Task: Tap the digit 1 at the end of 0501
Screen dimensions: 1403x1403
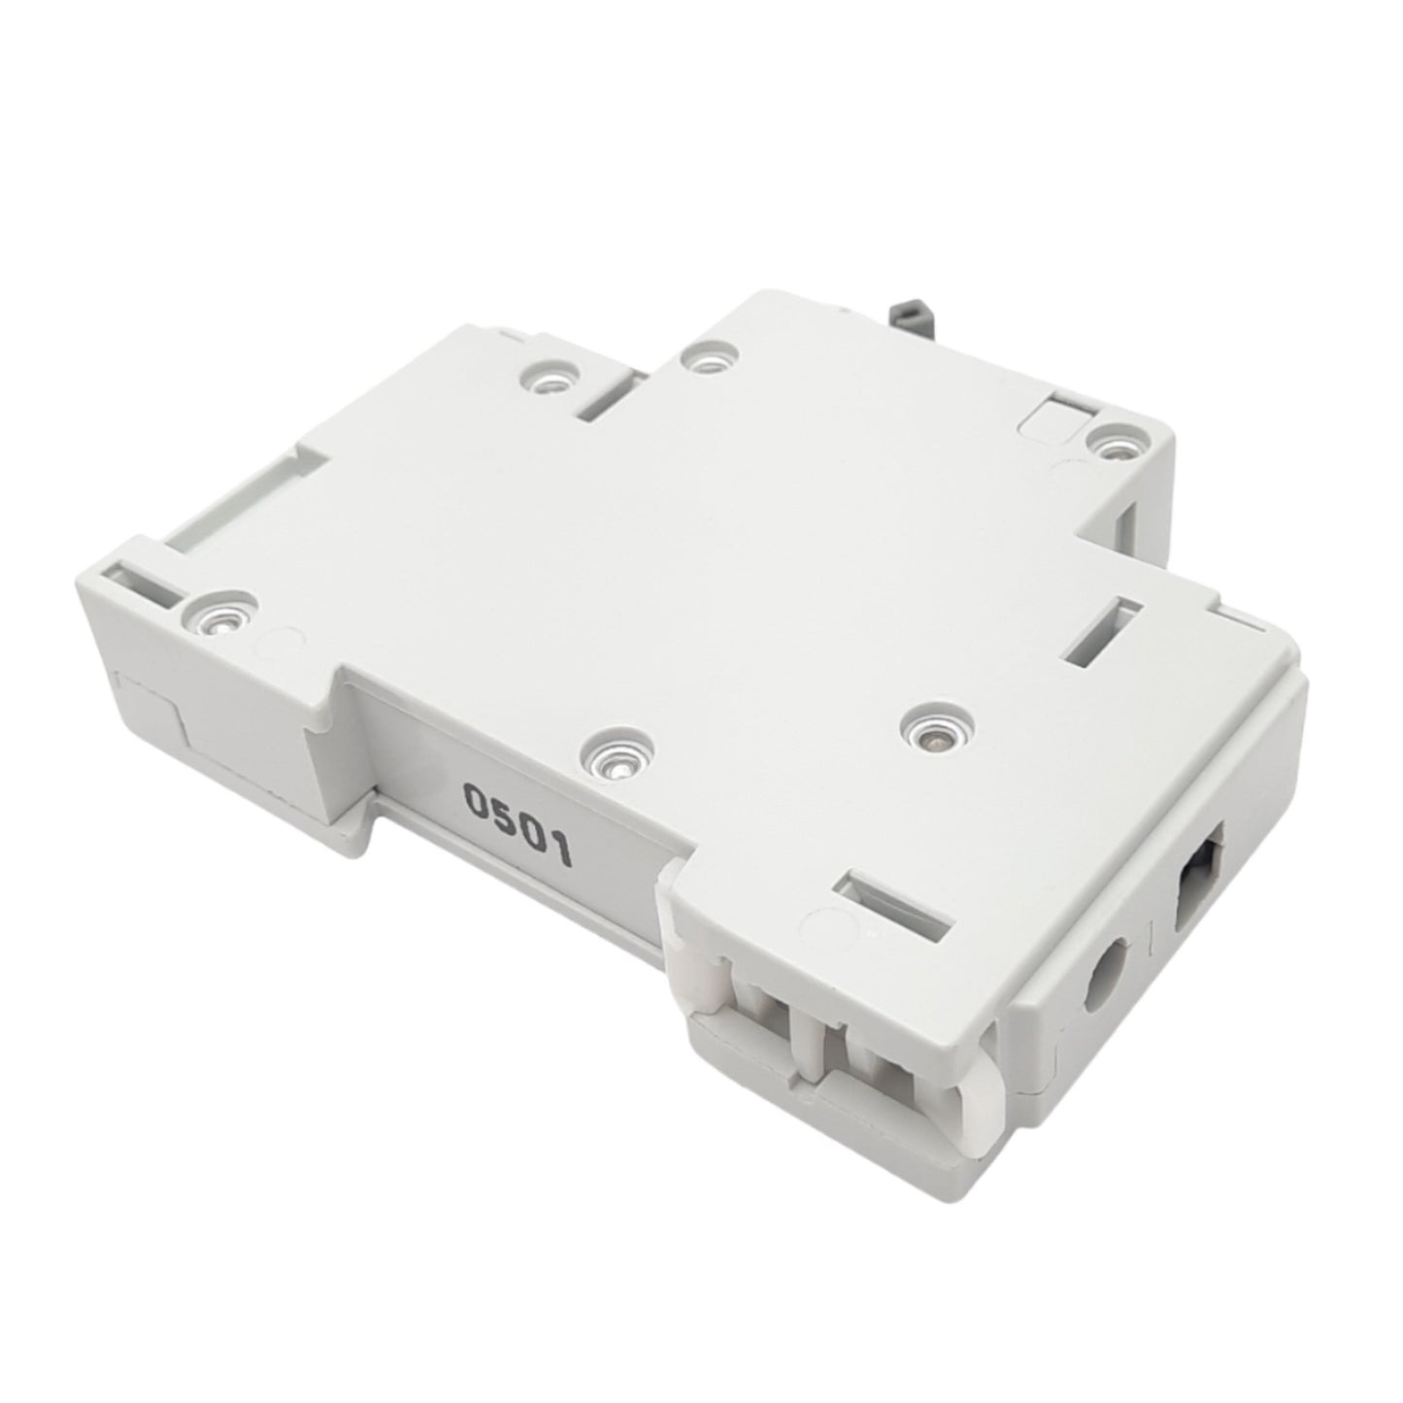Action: coord(561,852)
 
